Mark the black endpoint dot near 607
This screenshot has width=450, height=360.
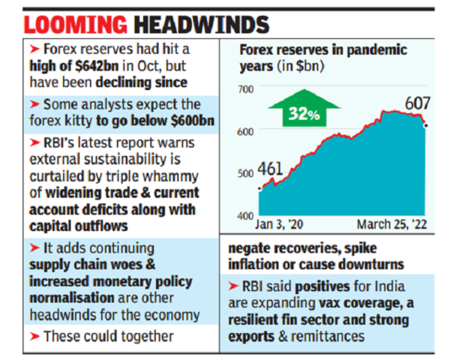tap(427, 125)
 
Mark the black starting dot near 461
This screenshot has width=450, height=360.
tap(259, 189)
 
